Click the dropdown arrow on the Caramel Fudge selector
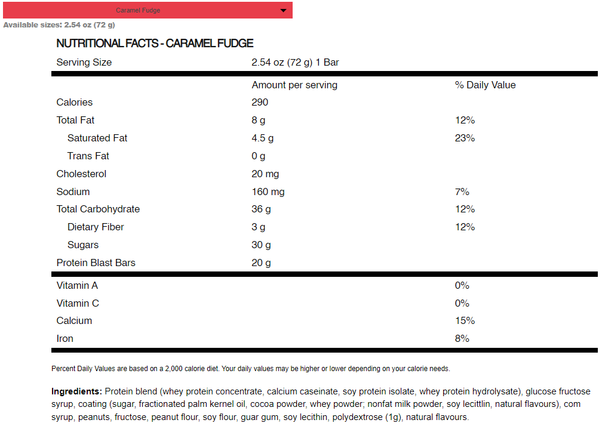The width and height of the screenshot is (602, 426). pos(283,10)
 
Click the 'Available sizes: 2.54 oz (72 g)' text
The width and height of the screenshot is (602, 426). pos(59,25)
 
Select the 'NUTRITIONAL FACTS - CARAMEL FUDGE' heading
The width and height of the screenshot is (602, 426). pos(155,44)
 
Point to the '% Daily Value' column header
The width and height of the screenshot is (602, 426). pos(485,85)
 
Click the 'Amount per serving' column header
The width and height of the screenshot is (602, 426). pos(294,85)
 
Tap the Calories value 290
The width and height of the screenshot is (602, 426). pos(260,103)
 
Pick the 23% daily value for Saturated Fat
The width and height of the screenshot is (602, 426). pos(465,138)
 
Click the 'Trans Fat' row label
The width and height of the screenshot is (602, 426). pos(88,156)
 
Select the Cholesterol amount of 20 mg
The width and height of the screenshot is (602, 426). pos(265,174)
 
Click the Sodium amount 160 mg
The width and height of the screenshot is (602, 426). pos(268,192)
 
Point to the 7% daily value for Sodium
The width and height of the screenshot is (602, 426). pos(462,192)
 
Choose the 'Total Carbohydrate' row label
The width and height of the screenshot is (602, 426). pos(98,209)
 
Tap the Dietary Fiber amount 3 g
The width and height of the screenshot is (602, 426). pos(259,227)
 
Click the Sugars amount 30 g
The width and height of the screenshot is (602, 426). pos(261,245)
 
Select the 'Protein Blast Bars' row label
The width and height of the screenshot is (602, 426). pos(96,263)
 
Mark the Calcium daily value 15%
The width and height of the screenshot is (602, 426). pos(465,321)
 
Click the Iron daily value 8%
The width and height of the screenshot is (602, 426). pos(462,339)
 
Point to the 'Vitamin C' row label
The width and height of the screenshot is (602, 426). pos(78,304)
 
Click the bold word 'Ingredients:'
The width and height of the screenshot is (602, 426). pos(76,392)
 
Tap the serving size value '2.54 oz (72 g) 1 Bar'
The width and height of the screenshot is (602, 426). pos(295,63)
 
